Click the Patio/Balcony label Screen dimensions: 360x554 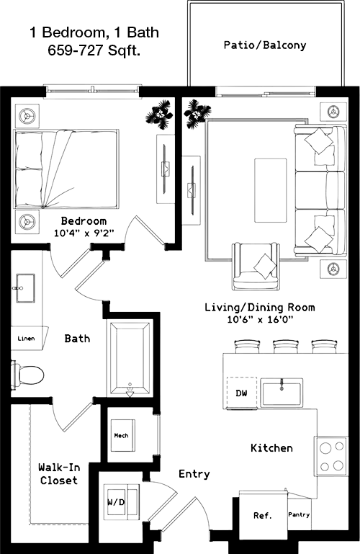coord(265,45)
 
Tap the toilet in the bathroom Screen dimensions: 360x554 coord(27,375)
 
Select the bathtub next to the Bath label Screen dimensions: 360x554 coord(130,357)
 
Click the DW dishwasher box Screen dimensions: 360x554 coord(241,393)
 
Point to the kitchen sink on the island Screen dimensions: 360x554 coord(282,393)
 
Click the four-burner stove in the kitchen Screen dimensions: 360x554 coord(331,456)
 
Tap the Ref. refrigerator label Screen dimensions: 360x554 coord(263,516)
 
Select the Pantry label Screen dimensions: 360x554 coord(299,514)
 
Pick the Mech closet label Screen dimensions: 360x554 coord(121,436)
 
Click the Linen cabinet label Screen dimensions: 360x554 coord(26,339)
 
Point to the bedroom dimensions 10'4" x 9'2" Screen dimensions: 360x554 coord(84,233)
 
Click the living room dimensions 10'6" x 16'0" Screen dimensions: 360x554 coord(261,320)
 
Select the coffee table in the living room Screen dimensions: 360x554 coord(270,190)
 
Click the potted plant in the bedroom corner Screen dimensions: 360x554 coord(160,114)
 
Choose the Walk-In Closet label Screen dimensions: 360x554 coord(59,474)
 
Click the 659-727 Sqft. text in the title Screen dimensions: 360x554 coord(94,50)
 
